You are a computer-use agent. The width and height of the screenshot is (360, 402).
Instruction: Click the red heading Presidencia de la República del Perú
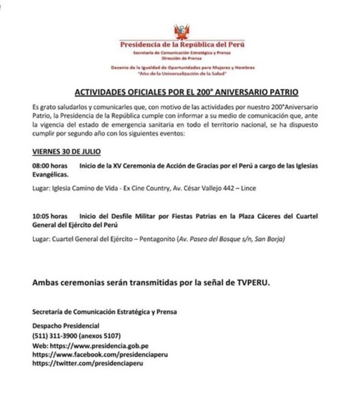[x=182, y=45]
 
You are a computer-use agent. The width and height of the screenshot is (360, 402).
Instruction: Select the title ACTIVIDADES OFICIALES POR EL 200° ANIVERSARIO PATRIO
[x=187, y=93]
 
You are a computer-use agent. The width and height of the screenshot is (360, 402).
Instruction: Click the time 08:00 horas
[x=49, y=166]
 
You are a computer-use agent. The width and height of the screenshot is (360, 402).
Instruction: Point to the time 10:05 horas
[x=49, y=216]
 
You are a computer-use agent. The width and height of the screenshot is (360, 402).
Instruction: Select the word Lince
[x=248, y=188]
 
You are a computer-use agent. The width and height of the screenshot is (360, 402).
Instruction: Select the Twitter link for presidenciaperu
[x=88, y=363]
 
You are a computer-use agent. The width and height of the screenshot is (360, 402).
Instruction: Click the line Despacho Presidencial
[x=66, y=326]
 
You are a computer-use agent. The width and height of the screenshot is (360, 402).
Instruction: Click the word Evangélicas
[x=51, y=174]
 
